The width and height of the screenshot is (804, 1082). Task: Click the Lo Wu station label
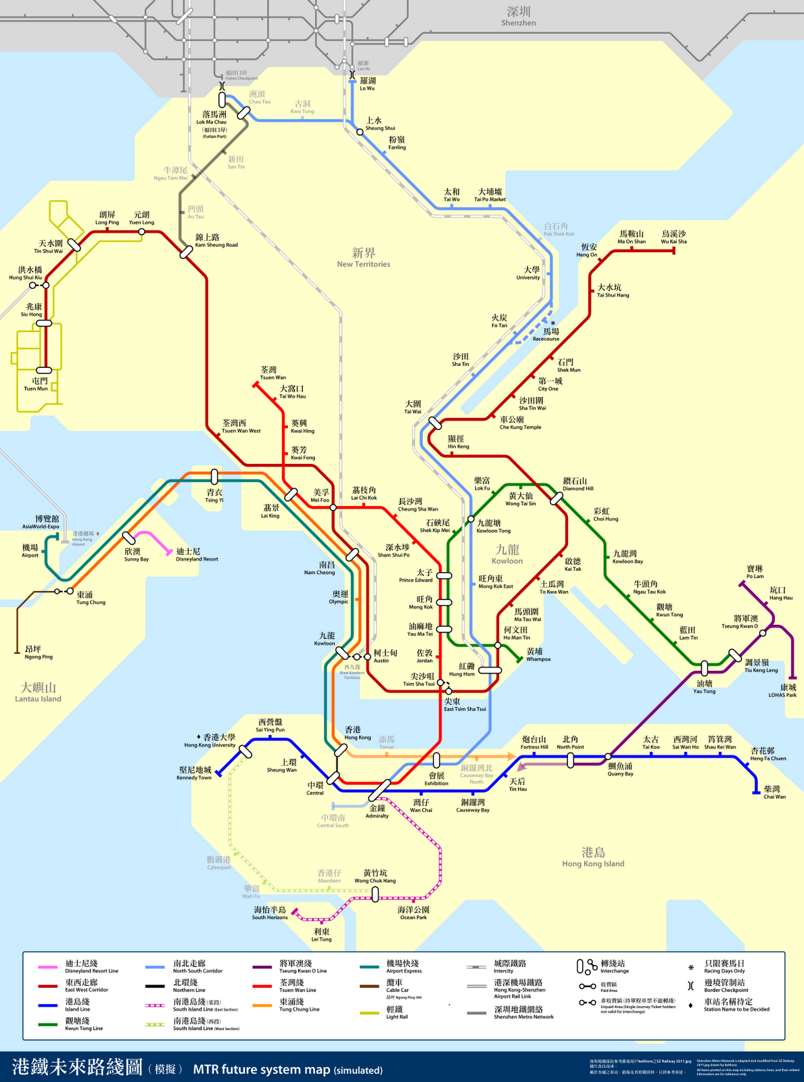point(367,84)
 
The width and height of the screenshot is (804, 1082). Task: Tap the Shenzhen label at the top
point(519,16)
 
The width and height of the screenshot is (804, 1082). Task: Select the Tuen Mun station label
point(36,384)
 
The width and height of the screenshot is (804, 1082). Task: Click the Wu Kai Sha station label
point(673,237)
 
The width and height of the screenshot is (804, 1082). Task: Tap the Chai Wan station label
point(774,792)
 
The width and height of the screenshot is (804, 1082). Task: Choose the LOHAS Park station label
point(782,690)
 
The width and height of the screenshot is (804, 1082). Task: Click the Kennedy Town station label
point(195,773)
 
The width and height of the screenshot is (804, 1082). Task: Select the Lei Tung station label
point(321,935)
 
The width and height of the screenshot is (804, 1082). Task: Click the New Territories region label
point(364,257)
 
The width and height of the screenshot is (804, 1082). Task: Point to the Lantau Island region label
point(39,692)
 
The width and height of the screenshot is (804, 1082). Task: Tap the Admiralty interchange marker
point(379,790)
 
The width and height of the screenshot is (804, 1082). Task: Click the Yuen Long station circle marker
point(141,232)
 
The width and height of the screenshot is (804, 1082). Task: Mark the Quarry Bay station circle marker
point(609,757)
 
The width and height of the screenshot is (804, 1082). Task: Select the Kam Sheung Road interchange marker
point(186,252)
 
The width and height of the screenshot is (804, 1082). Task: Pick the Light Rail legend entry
point(396,1012)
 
